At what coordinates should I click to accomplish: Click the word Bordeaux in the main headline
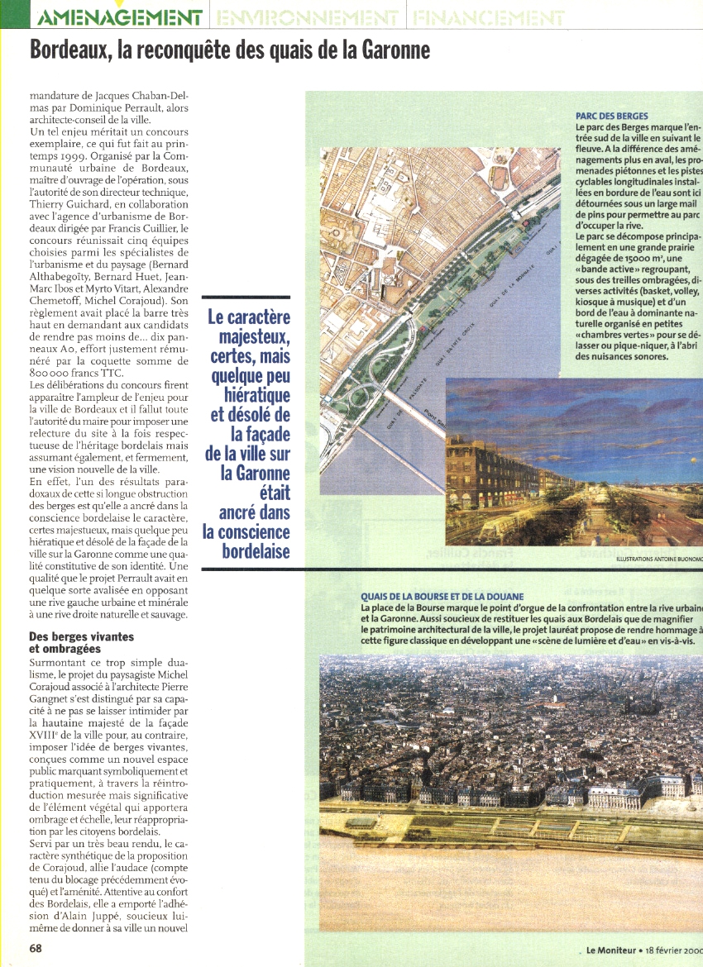tap(69, 50)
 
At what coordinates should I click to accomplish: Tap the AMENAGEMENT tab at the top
tap(121, 17)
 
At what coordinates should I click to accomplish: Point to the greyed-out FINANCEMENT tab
tap(488, 17)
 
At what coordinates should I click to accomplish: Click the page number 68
tap(36, 948)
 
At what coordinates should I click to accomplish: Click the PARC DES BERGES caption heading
tap(612, 117)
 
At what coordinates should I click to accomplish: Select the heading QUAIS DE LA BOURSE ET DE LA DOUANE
tap(442, 597)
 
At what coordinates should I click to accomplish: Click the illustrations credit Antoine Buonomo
tap(658, 560)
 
